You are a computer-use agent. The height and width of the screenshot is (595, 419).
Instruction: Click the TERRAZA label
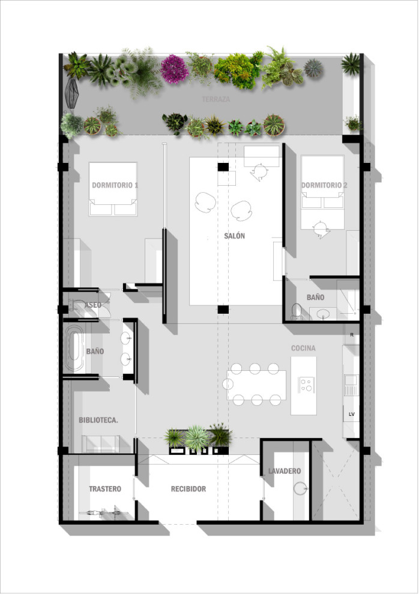(216, 99)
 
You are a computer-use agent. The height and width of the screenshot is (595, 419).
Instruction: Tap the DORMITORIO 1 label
(115, 185)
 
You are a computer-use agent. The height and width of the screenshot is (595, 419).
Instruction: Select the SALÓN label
(235, 236)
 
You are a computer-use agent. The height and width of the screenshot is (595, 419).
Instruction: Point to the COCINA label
(303, 348)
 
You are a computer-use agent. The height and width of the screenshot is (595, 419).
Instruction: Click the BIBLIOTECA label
(98, 420)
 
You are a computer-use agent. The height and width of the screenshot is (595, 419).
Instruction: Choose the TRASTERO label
(105, 489)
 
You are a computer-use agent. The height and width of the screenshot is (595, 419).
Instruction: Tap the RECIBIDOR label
(188, 489)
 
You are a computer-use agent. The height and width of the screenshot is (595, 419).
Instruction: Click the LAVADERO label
(285, 471)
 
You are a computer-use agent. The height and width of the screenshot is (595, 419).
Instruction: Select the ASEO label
(93, 305)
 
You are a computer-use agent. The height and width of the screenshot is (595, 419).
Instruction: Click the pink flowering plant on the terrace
(174, 69)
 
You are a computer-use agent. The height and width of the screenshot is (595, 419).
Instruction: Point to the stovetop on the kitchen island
(306, 383)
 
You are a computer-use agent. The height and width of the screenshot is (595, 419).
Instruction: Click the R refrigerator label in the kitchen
(352, 335)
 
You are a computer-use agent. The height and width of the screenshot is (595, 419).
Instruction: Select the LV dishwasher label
(352, 414)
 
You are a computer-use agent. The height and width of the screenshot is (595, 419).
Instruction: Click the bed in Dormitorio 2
(322, 192)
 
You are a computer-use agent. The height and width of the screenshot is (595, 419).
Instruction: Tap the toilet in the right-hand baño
(297, 311)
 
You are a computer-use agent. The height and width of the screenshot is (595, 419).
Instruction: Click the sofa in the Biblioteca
(101, 444)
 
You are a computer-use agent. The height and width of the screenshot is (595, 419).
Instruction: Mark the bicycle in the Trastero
(103, 513)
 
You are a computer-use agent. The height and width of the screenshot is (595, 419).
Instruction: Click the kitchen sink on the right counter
(351, 379)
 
